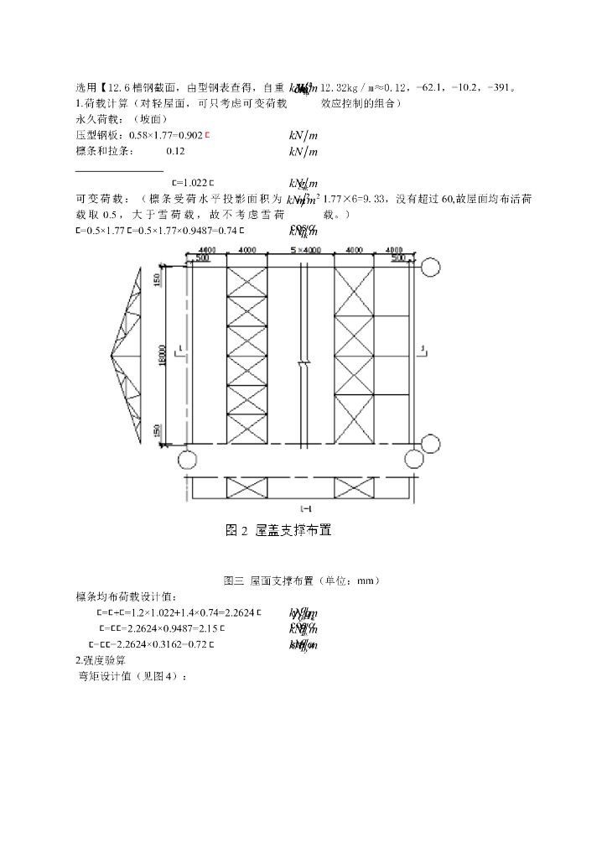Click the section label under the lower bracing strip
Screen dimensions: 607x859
305,508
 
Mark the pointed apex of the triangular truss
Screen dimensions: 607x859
113,355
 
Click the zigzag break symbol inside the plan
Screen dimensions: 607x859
304,363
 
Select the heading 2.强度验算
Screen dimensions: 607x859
102,660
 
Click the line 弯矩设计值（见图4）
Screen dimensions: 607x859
128,676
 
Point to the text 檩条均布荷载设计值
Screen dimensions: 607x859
127,596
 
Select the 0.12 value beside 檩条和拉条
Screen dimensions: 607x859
175,151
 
